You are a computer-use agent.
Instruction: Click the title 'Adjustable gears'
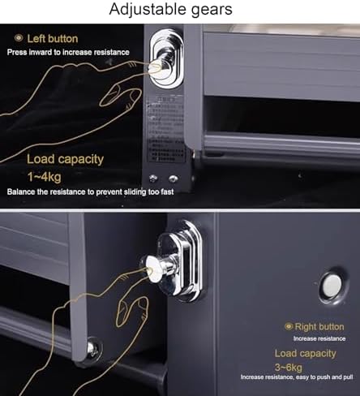(180, 11)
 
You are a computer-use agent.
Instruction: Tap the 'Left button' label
(53, 38)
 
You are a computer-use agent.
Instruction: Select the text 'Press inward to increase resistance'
(67, 52)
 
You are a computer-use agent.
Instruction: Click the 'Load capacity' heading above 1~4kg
(65, 158)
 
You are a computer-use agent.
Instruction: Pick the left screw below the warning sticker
(152, 179)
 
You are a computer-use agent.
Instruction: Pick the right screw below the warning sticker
(172, 179)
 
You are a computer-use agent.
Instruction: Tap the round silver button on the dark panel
(331, 285)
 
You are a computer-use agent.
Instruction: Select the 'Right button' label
(322, 325)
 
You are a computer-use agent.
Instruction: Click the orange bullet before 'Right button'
(288, 325)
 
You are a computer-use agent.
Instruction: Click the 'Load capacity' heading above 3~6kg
(305, 353)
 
